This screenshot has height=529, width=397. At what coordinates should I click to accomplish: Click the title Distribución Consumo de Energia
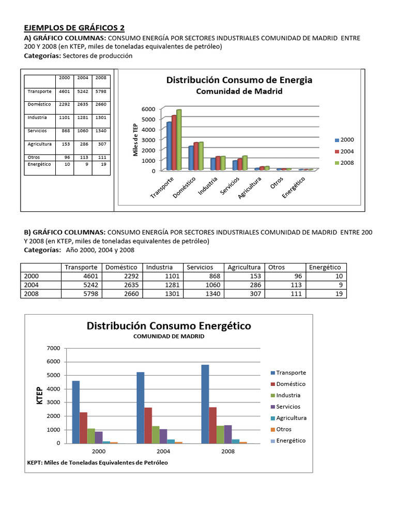tap(239, 80)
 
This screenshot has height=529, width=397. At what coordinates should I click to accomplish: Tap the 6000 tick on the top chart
tap(148, 109)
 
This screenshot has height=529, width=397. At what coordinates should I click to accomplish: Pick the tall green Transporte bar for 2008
tap(179, 139)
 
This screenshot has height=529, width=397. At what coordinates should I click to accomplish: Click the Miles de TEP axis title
tap(136, 140)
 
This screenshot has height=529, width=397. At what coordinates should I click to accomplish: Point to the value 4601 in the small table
tap(64, 91)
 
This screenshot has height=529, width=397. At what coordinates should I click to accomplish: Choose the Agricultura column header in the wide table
tap(244, 267)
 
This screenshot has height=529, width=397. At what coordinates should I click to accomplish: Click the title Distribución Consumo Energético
tap(169, 326)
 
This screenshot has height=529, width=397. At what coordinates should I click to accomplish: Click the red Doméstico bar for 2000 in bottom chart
tap(83, 427)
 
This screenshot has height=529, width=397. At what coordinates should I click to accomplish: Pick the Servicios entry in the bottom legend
tap(288, 407)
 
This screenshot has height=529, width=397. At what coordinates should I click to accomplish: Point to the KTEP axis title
tap(40, 395)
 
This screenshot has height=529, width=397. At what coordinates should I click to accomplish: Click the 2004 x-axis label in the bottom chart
tap(163, 451)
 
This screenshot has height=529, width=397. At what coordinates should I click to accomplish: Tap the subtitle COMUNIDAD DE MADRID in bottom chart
tap(169, 336)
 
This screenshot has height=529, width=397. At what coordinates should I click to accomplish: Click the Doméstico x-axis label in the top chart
tap(185, 187)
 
